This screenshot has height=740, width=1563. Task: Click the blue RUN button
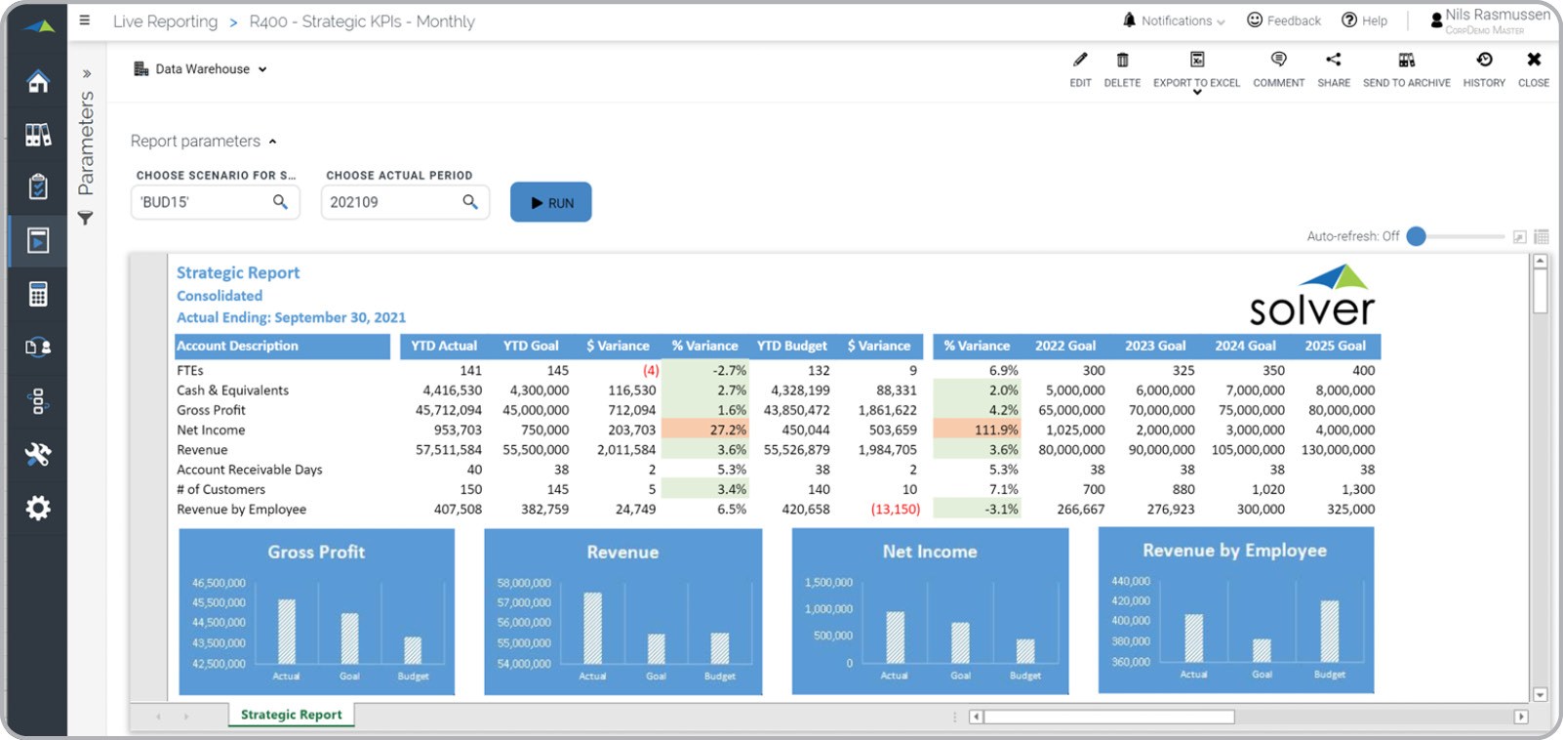[550, 202]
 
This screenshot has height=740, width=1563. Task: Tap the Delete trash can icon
[1122, 61]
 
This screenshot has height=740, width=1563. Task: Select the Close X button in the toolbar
[1533, 61]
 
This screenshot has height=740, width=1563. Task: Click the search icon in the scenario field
[280, 202]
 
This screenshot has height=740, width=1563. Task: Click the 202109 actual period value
[354, 202]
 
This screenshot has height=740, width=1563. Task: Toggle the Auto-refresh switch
[1417, 236]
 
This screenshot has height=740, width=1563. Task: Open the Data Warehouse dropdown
[201, 69]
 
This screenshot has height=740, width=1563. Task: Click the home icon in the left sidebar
[38, 81]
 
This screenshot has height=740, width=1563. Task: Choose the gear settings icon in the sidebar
[38, 508]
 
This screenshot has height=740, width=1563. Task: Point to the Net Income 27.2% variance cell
[705, 430]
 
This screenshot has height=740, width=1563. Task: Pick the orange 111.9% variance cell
[977, 430]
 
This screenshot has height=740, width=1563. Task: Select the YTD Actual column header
[444, 346]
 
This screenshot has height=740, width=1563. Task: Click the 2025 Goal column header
[1335, 346]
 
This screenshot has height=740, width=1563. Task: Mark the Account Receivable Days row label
[249, 470]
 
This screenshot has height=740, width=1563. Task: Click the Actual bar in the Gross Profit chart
[287, 631]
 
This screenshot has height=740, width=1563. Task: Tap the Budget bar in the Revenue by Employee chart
[1329, 632]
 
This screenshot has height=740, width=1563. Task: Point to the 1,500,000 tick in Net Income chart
[828, 583]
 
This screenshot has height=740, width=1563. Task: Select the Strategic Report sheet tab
[291, 715]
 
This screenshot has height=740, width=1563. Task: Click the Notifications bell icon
[1130, 21]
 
